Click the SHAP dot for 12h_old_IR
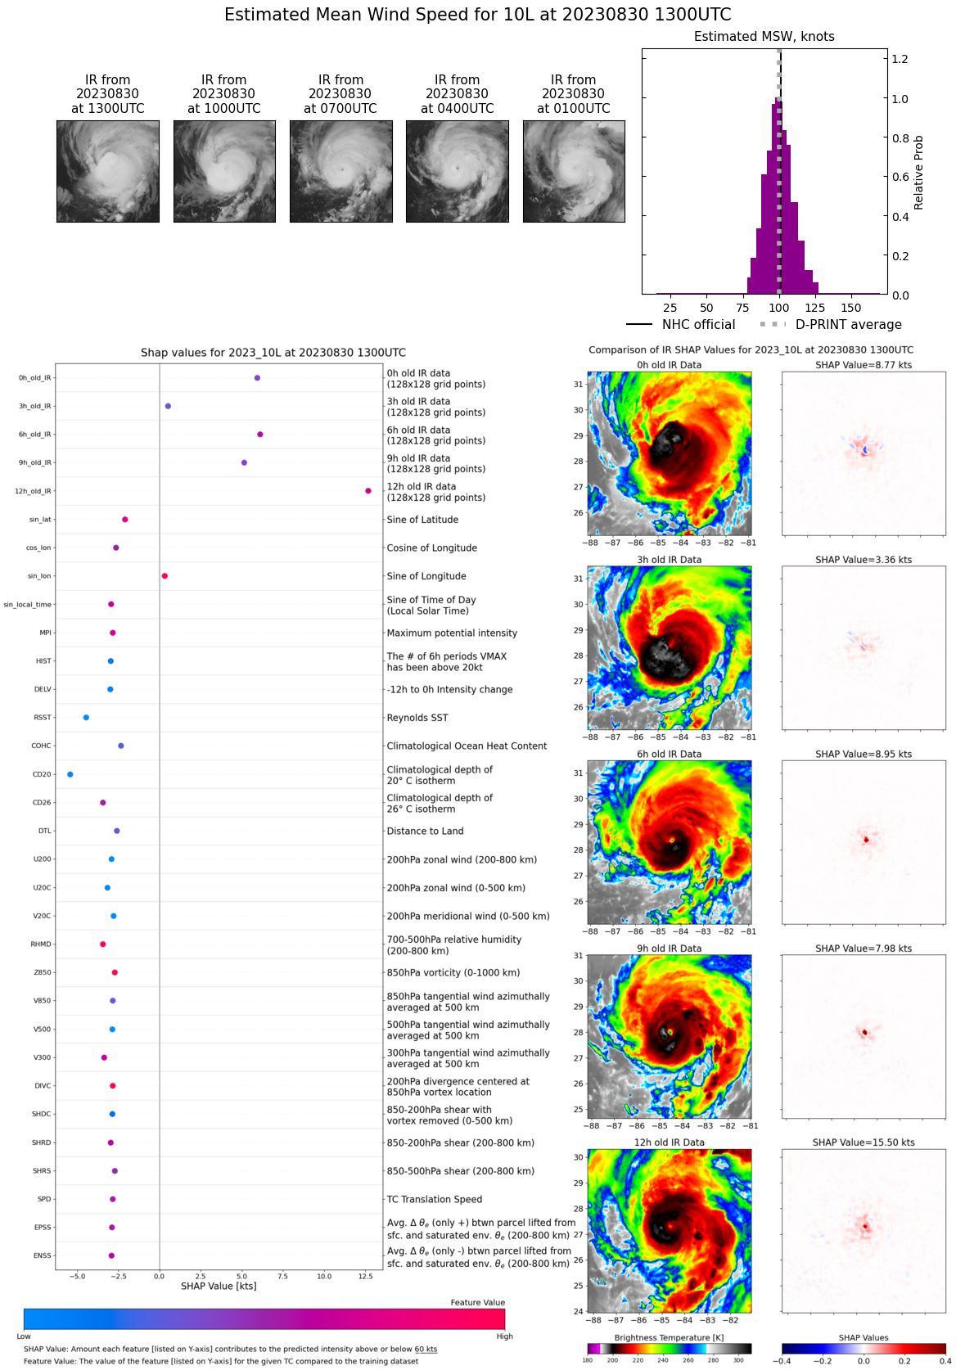point(368,491)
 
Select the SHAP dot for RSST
point(86,718)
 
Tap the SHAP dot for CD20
point(70,774)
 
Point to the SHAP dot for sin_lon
point(165,576)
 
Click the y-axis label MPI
point(45,633)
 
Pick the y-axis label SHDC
point(42,1114)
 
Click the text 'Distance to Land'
point(425,831)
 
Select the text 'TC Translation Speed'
point(434,1199)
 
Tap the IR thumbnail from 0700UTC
point(340,171)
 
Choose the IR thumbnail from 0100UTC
point(574,171)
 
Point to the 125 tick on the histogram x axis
point(815,308)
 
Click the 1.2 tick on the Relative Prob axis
point(900,59)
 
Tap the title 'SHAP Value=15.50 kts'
point(864,1142)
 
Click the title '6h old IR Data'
point(669,755)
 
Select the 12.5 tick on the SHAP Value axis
point(365,1276)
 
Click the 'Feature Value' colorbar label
point(477,1302)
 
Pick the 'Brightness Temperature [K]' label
point(669,1337)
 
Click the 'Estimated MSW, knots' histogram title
point(764,37)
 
